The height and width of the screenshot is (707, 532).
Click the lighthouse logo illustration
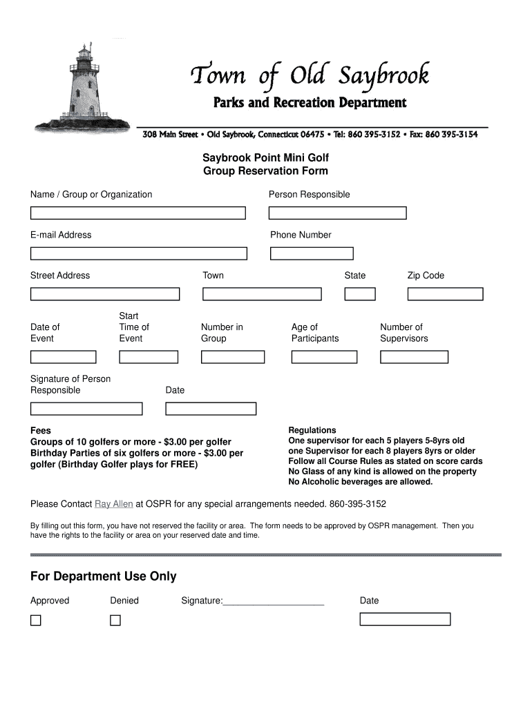pyautogui.click(x=82, y=90)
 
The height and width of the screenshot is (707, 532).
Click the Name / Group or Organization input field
pyautogui.click(x=137, y=213)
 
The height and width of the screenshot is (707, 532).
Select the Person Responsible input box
pyautogui.click(x=337, y=213)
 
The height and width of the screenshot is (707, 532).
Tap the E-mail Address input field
pyautogui.click(x=137, y=253)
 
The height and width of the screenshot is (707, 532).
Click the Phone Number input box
pyautogui.click(x=312, y=253)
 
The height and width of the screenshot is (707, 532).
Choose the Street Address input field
pyautogui.click(x=104, y=294)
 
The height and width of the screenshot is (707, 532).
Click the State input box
pyautogui.click(x=360, y=294)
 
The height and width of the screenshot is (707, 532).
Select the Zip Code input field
pyautogui.click(x=445, y=294)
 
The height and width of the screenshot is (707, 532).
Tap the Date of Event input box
pyautogui.click(x=63, y=357)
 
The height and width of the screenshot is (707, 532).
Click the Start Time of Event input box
pyautogui.click(x=149, y=357)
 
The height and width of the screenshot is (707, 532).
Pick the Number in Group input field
pyautogui.click(x=233, y=357)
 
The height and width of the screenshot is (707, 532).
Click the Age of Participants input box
pyautogui.click(x=324, y=357)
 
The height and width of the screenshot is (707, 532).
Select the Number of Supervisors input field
pyautogui.click(x=415, y=357)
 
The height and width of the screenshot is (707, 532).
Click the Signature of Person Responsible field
pyautogui.click(x=86, y=409)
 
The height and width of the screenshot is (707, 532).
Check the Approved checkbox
pyautogui.click(x=35, y=620)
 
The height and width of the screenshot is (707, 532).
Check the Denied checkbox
pyautogui.click(x=115, y=620)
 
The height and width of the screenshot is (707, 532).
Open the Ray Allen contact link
pyautogui.click(x=114, y=504)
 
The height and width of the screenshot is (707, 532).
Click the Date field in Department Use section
pyautogui.click(x=405, y=619)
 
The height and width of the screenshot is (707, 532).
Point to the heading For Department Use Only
pyautogui.click(x=104, y=577)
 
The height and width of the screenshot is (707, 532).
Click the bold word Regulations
pyautogui.click(x=312, y=430)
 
